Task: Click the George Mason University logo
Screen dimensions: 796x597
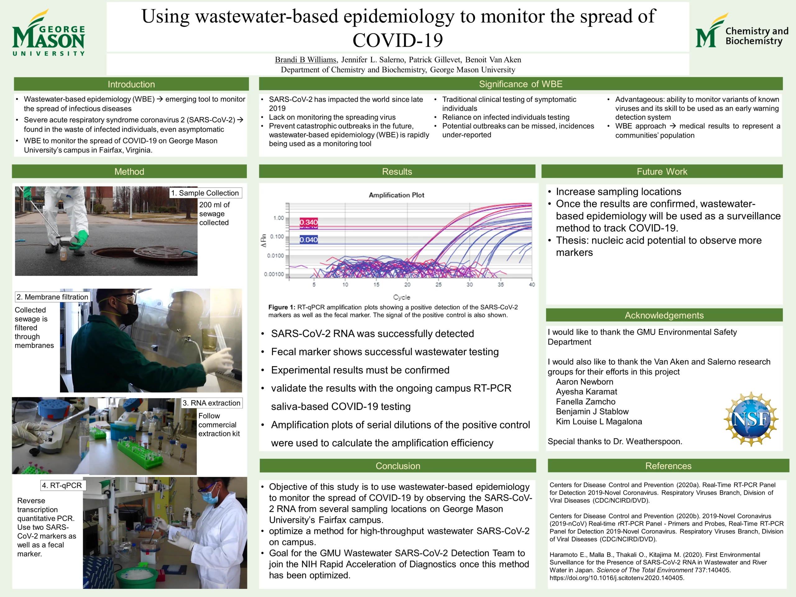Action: pos(49,33)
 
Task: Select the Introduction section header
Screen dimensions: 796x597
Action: pos(131,84)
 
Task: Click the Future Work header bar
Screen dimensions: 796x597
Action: pos(662,171)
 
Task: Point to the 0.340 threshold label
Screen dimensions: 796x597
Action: pos(309,222)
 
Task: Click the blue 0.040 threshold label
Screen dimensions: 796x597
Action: pos(309,240)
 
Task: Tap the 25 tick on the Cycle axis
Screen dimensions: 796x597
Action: pos(438,285)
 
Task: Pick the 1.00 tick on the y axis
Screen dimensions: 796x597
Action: pos(279,218)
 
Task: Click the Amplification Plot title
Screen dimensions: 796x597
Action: pos(396,195)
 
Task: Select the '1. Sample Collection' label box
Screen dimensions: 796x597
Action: pos(206,193)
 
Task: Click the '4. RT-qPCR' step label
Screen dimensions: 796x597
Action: pos(62,485)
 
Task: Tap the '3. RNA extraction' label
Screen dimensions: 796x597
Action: pos(212,403)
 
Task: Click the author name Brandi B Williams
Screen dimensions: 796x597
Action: pos(306,60)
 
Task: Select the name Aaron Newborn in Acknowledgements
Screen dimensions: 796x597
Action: pos(584,382)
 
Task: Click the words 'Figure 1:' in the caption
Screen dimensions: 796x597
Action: pos(282,307)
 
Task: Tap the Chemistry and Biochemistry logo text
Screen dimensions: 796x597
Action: pos(757,36)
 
